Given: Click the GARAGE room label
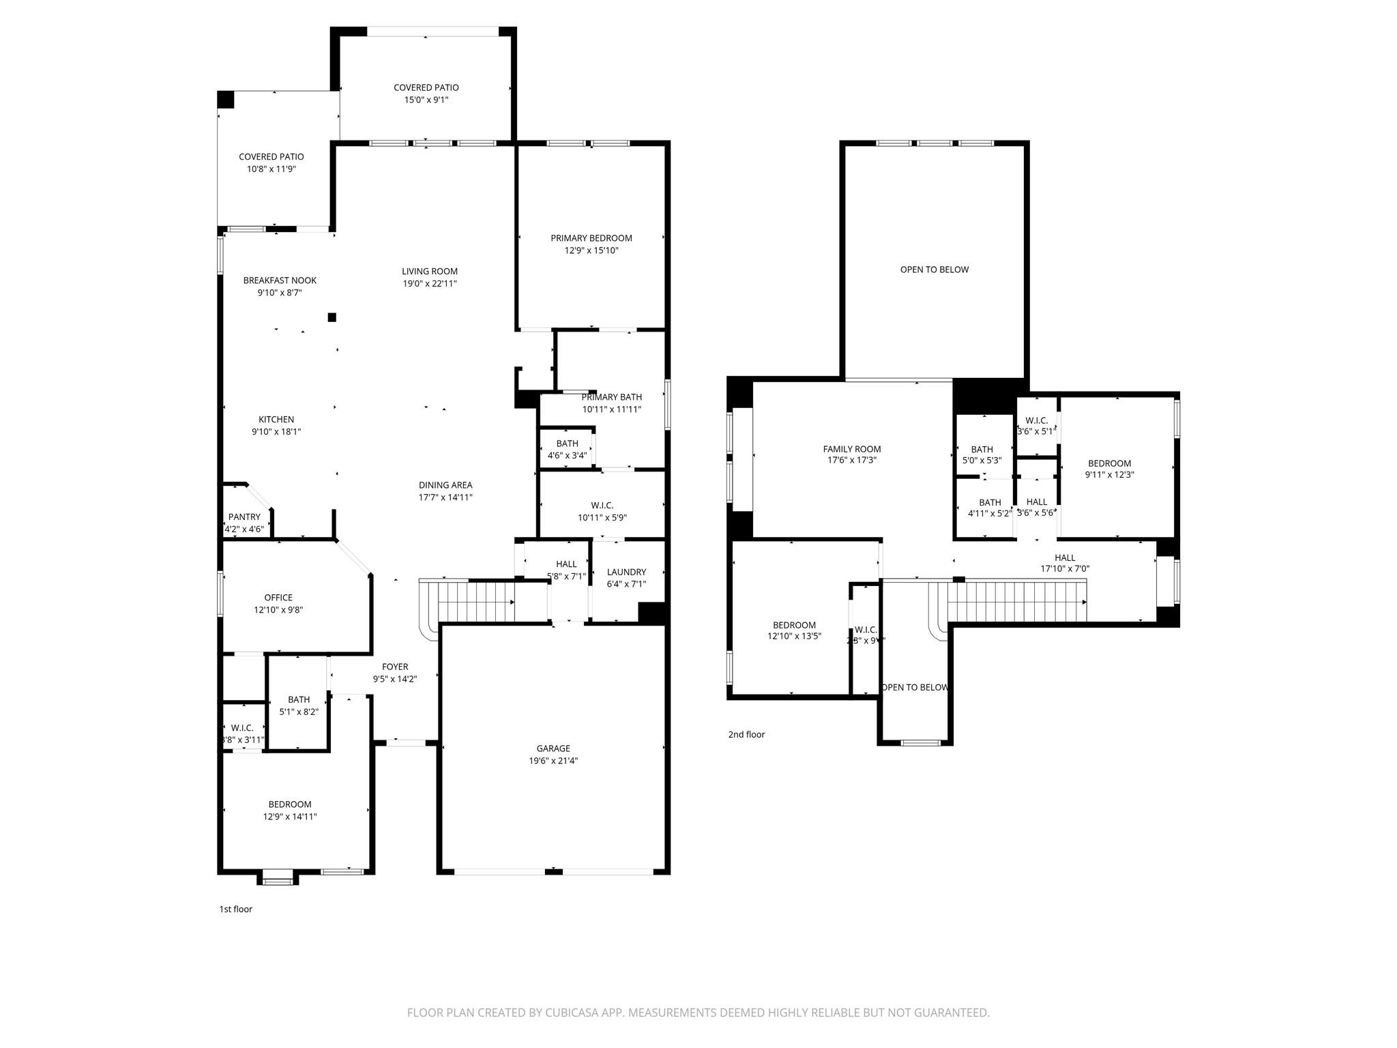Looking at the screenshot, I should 553,748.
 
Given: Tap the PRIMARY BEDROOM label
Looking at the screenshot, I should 591,238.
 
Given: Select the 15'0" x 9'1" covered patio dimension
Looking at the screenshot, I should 426,100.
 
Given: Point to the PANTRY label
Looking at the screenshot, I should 244,516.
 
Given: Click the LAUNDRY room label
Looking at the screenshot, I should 626,572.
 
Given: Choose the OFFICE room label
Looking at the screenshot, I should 278,598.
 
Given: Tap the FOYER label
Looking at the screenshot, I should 394,667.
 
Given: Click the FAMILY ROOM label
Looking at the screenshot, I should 851,449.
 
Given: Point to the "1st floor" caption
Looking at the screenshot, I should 235,909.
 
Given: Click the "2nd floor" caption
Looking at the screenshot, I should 746,734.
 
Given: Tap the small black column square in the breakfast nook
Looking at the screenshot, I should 332,317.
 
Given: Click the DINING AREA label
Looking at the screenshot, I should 445,485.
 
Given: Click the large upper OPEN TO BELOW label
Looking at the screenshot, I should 934,270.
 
